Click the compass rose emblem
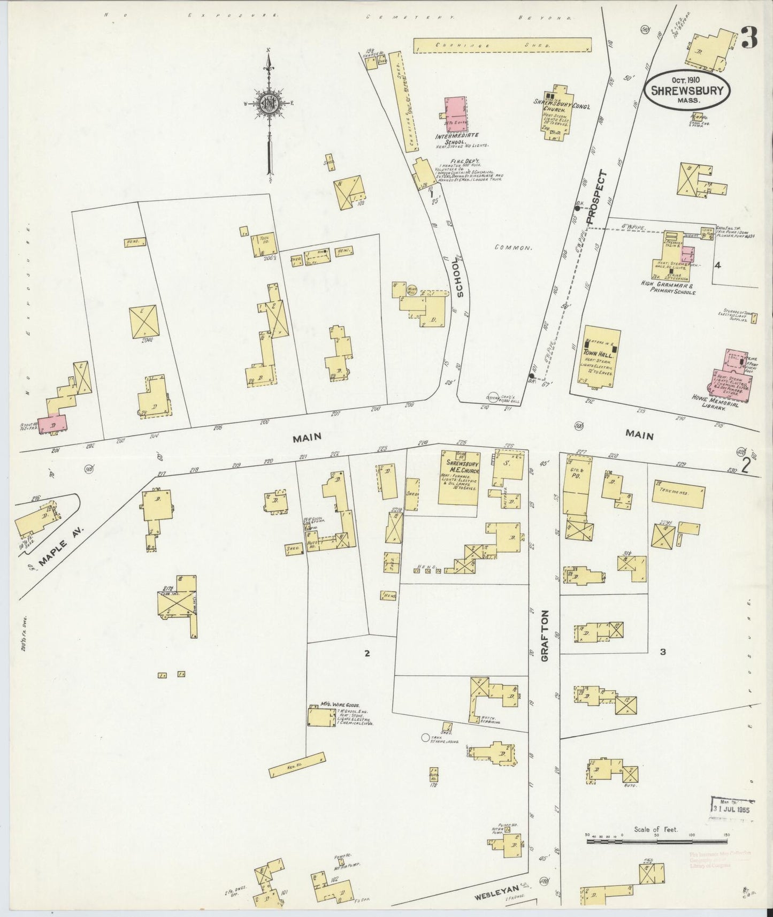click(x=269, y=104)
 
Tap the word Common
click(x=512, y=248)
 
